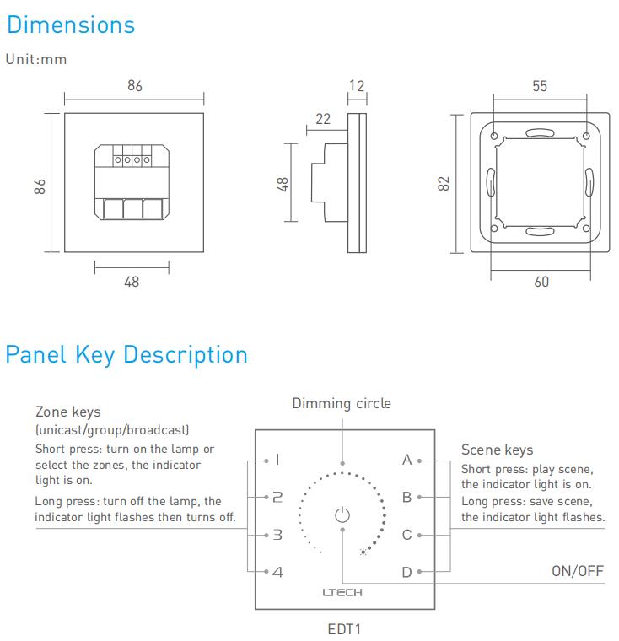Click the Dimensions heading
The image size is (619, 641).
click(x=71, y=24)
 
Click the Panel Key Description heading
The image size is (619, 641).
click(x=126, y=354)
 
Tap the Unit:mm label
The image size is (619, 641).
click(x=36, y=59)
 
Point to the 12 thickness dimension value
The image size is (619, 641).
click(x=357, y=85)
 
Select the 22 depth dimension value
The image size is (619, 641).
click(x=323, y=119)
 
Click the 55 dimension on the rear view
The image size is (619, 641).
click(x=541, y=85)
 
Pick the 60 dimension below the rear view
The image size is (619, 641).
click(x=541, y=282)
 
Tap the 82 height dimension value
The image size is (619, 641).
click(x=444, y=183)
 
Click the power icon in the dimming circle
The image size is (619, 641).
click(x=342, y=514)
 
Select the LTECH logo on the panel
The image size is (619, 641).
click(x=342, y=592)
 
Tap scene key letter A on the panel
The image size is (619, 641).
click(x=407, y=461)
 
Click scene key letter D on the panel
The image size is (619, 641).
click(x=406, y=573)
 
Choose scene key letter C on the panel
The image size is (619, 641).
click(x=406, y=535)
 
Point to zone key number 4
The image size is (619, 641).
click(x=277, y=573)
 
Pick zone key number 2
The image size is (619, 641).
click(x=277, y=498)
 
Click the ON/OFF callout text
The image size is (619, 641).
click(x=578, y=571)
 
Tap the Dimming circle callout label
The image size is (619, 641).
click(x=342, y=403)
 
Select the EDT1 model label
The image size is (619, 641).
click(x=343, y=629)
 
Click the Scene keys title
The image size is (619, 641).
click(x=497, y=450)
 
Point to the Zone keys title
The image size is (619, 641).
click(x=67, y=412)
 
